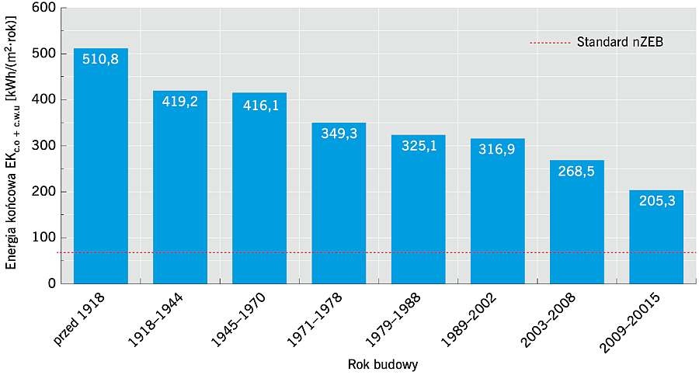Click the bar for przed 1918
tap(101, 166)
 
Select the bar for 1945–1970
tap(259, 188)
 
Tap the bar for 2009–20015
tap(656, 237)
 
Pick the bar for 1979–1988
tap(418, 209)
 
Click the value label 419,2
tap(180, 102)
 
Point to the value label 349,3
tap(339, 134)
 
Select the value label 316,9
tap(497, 149)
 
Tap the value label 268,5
tap(576, 172)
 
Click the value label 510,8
tap(101, 59)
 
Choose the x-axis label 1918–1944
tap(155, 320)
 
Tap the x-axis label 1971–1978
tap(314, 320)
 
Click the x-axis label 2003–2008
tap(548, 320)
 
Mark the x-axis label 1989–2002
tap(468, 320)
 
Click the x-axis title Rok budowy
tap(383, 365)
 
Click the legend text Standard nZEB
tap(620, 42)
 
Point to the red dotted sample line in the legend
tap(550, 43)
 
